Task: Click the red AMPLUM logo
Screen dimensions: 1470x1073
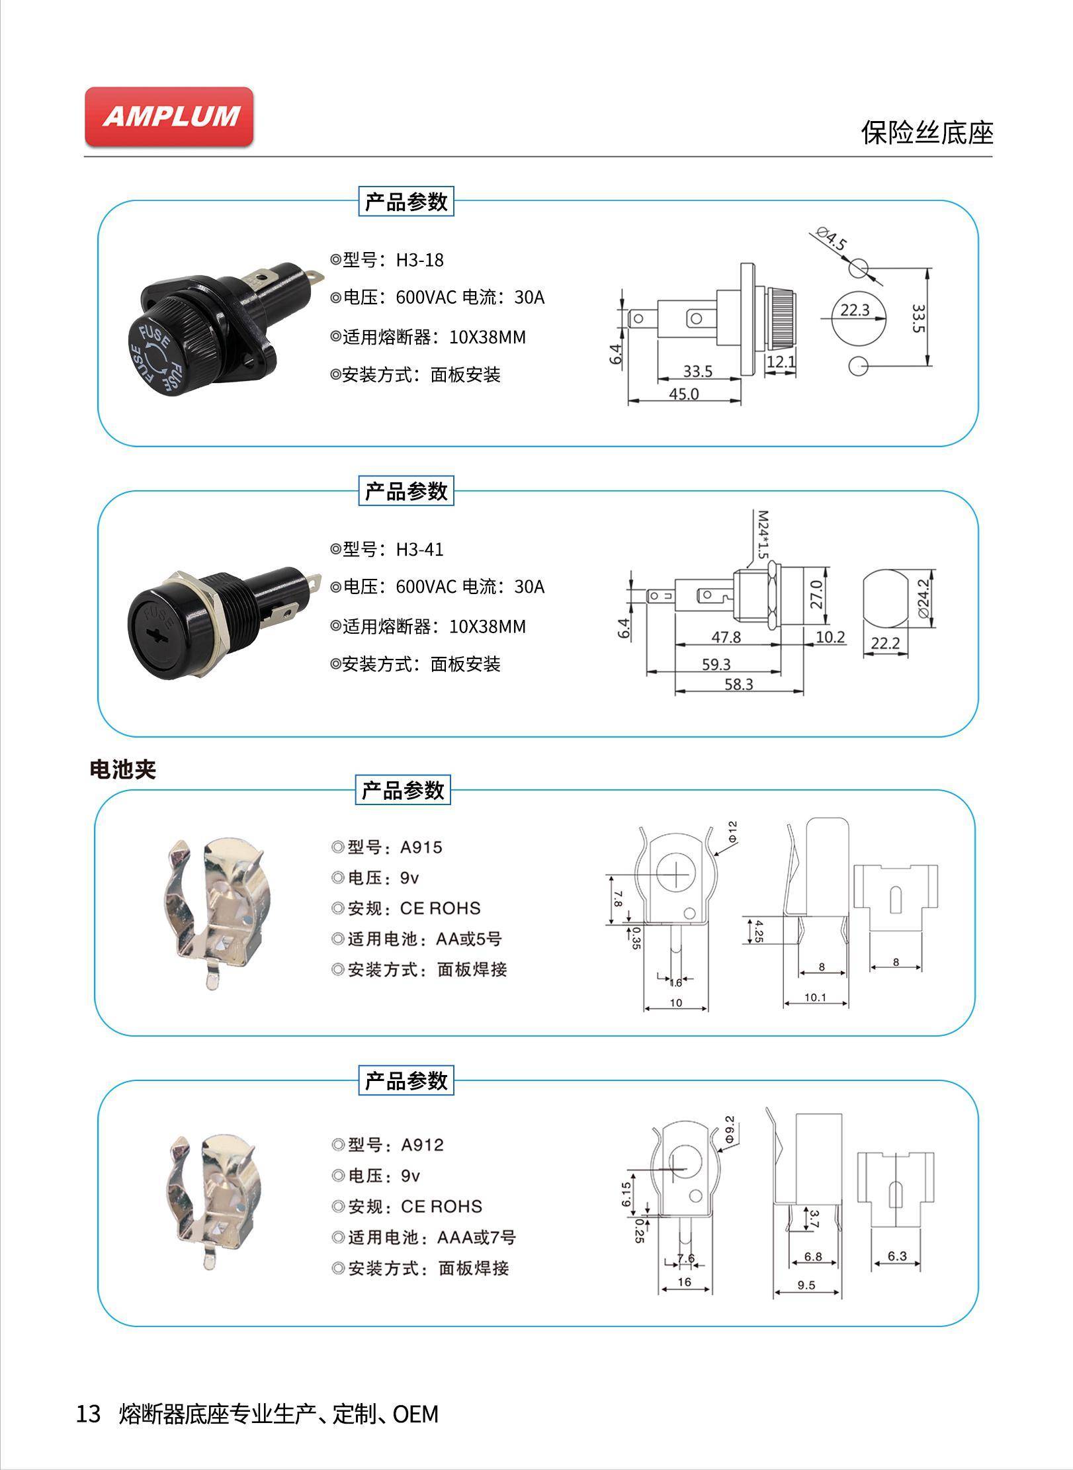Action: click(169, 116)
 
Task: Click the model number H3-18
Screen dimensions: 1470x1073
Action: click(419, 260)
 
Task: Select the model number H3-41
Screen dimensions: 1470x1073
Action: click(419, 549)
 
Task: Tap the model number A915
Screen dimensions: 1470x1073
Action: click(421, 847)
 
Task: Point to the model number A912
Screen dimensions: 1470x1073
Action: click(422, 1145)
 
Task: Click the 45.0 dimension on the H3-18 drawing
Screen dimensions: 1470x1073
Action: click(683, 394)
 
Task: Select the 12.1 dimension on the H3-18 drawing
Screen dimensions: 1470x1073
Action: click(781, 362)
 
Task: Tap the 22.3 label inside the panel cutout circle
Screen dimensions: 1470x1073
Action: click(855, 310)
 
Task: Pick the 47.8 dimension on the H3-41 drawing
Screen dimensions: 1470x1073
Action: click(726, 636)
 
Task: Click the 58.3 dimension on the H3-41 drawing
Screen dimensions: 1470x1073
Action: click(738, 684)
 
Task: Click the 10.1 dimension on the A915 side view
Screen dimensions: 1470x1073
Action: click(815, 998)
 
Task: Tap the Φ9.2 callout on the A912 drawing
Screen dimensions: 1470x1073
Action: click(729, 1129)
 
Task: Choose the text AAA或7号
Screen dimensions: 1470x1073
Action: click(476, 1237)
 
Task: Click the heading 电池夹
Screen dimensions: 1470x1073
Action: click(122, 769)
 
